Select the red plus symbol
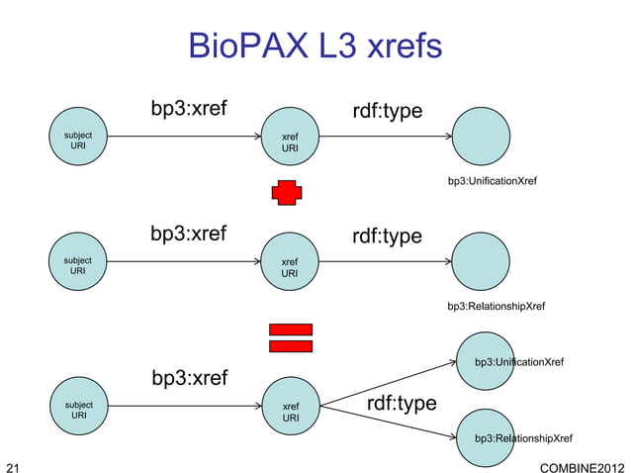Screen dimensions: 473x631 [x=288, y=192]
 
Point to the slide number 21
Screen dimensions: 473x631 [x=13, y=464]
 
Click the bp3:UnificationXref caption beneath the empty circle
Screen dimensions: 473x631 [x=492, y=182]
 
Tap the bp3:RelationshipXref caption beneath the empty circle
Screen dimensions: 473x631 [x=496, y=307]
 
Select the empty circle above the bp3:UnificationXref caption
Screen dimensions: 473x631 [x=483, y=140]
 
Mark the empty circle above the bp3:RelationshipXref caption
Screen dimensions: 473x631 [x=483, y=263]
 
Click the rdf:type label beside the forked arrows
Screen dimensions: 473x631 [x=402, y=404]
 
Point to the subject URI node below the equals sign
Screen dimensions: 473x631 [x=78, y=410]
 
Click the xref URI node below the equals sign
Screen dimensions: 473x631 [x=291, y=412]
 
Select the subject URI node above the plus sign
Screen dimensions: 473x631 [x=78, y=140]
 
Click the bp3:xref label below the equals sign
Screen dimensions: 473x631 [x=189, y=378]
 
